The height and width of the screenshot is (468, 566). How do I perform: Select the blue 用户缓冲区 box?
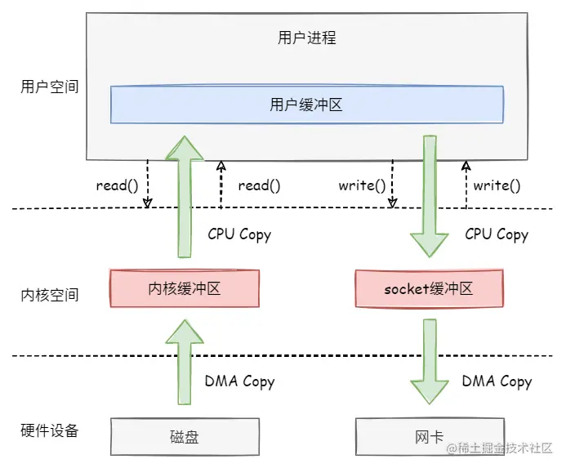306,105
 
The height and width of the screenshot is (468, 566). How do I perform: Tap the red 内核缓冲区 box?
184,289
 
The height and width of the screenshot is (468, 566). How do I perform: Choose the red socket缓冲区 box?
429,289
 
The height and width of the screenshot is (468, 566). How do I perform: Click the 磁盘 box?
184,437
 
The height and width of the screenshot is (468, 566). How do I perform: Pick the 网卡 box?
430,437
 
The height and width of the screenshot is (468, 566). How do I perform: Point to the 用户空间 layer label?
50,86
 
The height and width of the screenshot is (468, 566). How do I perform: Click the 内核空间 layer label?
50,294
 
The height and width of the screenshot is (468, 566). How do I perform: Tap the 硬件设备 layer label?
50,430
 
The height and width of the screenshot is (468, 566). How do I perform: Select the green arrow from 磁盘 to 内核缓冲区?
185,359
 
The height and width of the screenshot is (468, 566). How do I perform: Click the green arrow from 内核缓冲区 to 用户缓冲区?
185,196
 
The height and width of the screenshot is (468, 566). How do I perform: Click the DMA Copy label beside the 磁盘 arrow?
239,381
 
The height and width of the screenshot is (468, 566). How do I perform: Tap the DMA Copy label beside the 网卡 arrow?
497,381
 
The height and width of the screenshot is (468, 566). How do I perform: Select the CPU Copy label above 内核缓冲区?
239,234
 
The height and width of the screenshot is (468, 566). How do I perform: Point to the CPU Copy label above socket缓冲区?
497,234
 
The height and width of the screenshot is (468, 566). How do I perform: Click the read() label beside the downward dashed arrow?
117,185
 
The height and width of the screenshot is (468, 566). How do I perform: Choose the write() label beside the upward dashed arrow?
497,185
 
